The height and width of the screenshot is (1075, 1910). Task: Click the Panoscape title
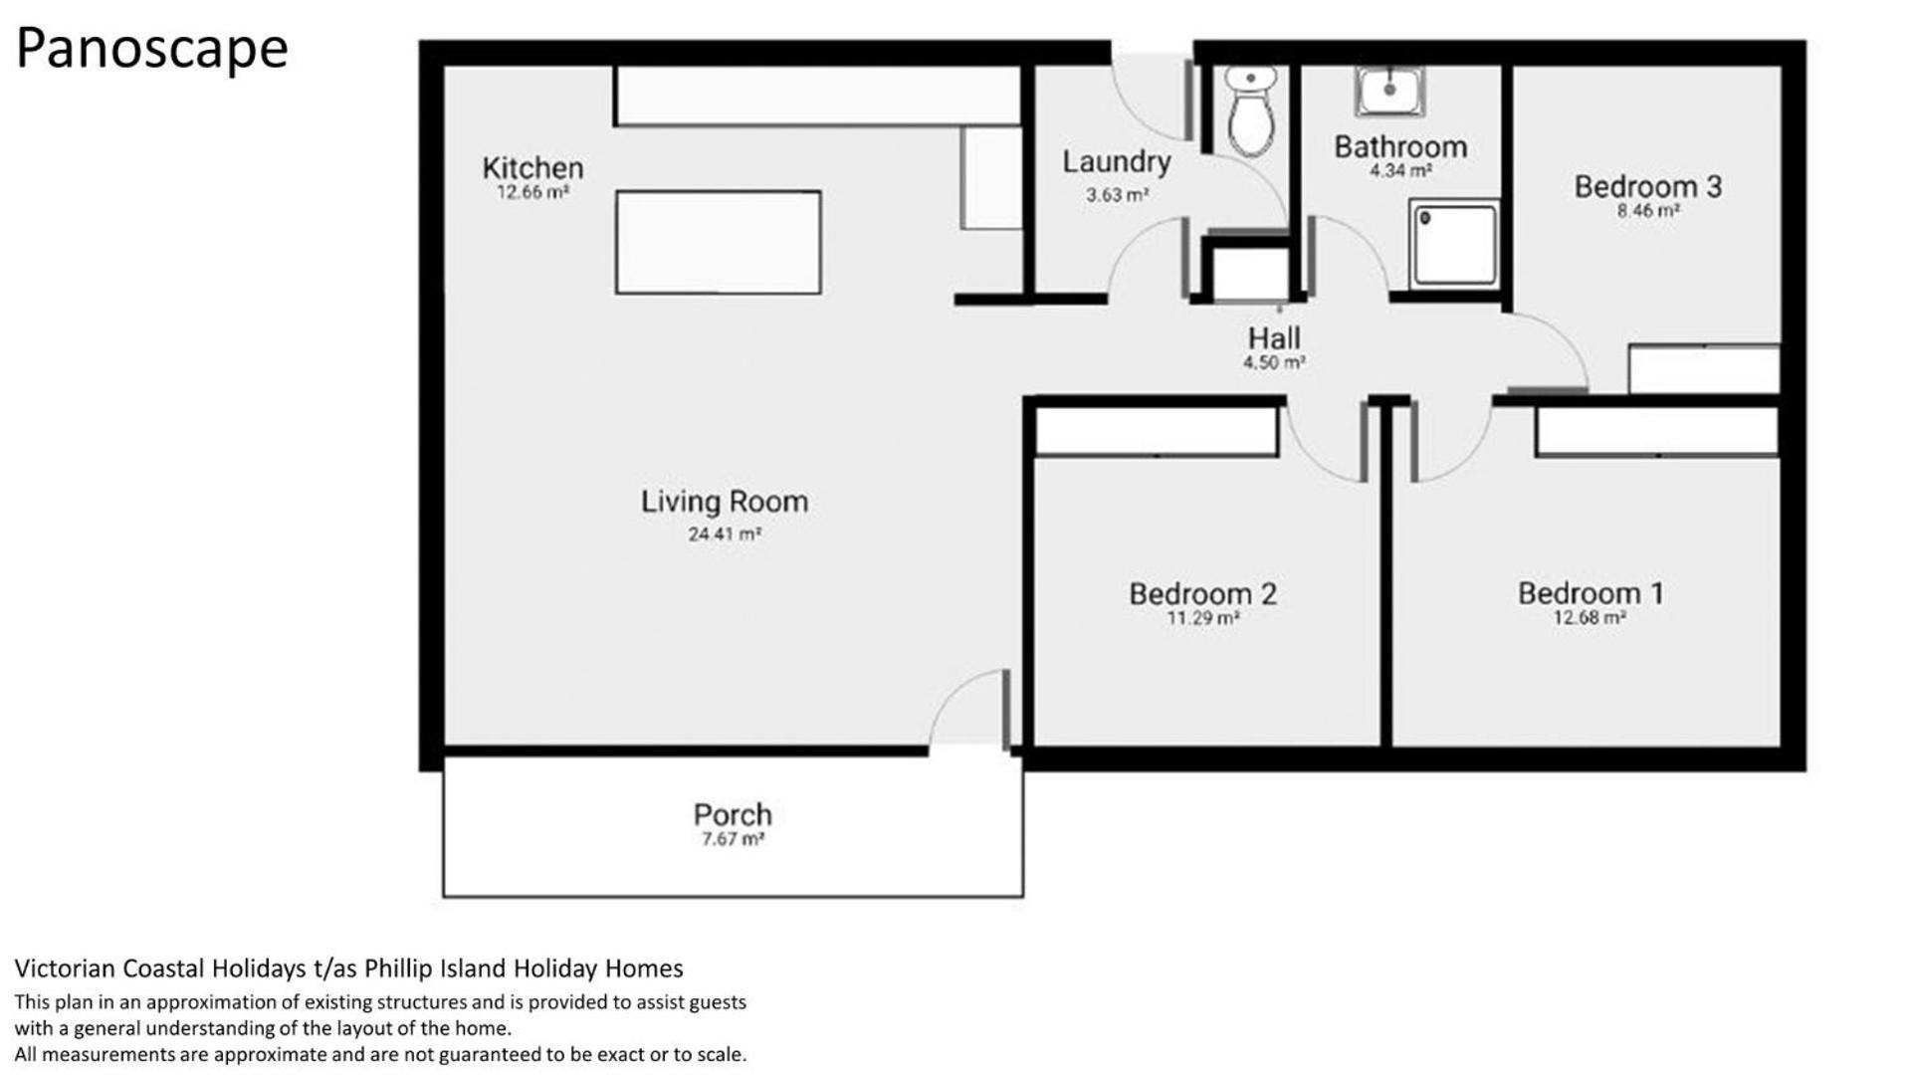tap(152, 48)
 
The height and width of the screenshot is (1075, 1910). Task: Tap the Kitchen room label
tap(532, 167)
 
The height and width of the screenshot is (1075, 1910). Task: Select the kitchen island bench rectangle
tap(719, 242)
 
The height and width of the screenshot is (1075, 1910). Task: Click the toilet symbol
tap(1250, 110)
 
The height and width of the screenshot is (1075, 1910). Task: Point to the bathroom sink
tap(1389, 91)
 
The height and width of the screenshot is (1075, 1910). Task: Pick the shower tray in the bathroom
tap(1453, 244)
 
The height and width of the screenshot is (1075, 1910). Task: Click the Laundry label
tap(1116, 162)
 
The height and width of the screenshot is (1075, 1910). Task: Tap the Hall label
tap(1274, 337)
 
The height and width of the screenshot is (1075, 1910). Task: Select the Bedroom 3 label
tap(1647, 186)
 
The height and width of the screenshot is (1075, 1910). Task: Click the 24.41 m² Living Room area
tap(725, 534)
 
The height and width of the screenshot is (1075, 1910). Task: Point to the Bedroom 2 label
tap(1202, 593)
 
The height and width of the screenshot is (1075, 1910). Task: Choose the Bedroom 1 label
tap(1590, 593)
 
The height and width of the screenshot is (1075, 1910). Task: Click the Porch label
tap(733, 814)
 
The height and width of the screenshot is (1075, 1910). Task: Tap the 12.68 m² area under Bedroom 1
tap(1590, 617)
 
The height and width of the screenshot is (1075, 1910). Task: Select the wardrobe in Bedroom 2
tap(1157, 431)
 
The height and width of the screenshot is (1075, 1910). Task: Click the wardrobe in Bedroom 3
tap(1704, 369)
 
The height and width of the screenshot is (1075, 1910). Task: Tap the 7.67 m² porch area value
tap(733, 839)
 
